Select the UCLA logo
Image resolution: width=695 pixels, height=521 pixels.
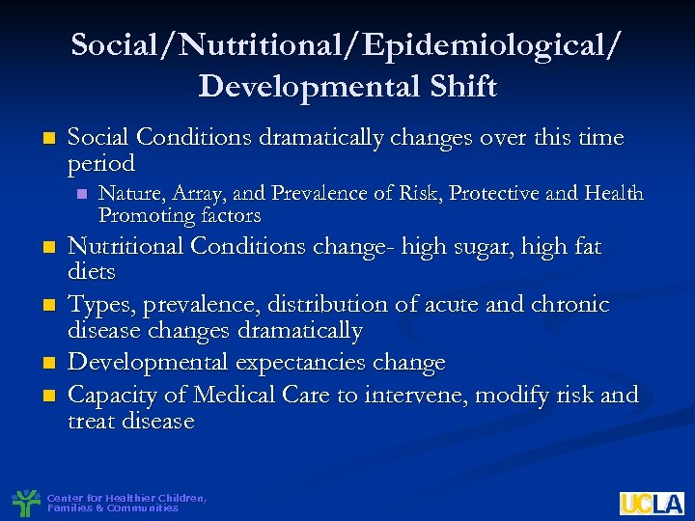[652, 503]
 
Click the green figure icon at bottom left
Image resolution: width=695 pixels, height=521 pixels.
[26, 503]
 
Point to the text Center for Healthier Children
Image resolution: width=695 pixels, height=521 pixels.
[125, 498]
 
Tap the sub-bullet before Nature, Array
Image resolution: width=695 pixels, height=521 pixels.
[81, 194]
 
